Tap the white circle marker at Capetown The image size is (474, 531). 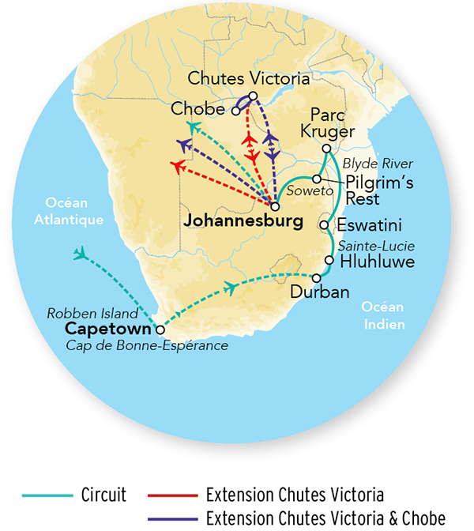pos(161,330)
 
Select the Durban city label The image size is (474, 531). pos(319,292)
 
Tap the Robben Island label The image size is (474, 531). pos(93,311)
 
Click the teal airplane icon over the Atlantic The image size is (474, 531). pos(79,254)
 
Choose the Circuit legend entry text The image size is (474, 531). pos(103,495)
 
